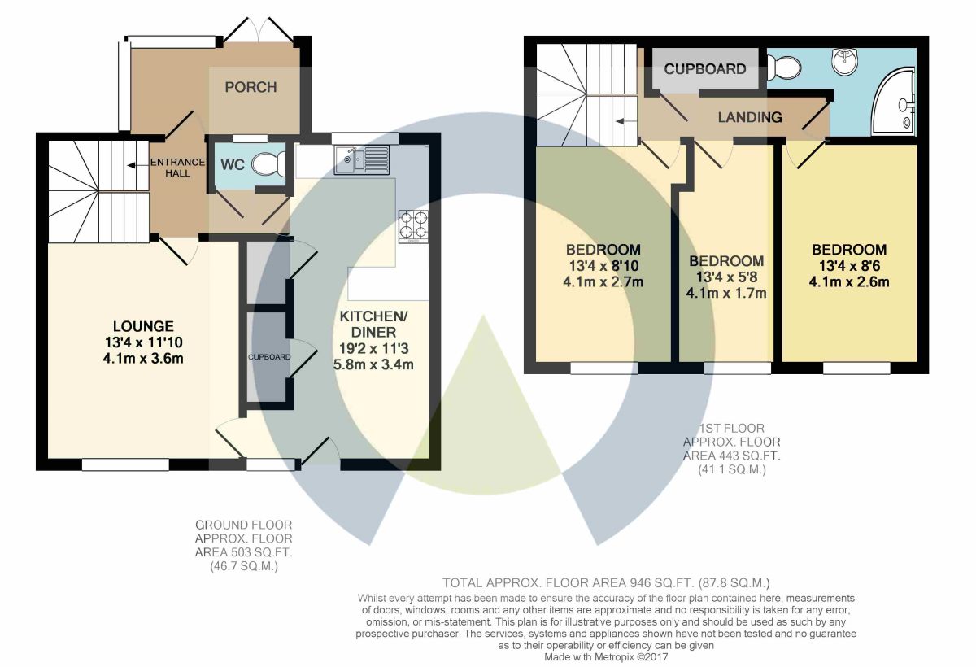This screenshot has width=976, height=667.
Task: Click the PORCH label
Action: pos(251,87)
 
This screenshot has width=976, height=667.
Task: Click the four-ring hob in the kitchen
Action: pos(413,226)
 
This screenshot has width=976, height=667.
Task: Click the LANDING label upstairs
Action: pos(749,117)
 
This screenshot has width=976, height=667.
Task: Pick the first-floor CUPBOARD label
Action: pos(705,69)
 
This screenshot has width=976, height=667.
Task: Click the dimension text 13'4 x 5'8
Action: pos(726,277)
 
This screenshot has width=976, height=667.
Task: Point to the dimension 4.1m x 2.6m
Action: pos(849,282)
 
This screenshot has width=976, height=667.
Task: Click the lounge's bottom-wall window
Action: pos(125,464)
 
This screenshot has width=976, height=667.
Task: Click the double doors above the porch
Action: pos(259,31)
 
